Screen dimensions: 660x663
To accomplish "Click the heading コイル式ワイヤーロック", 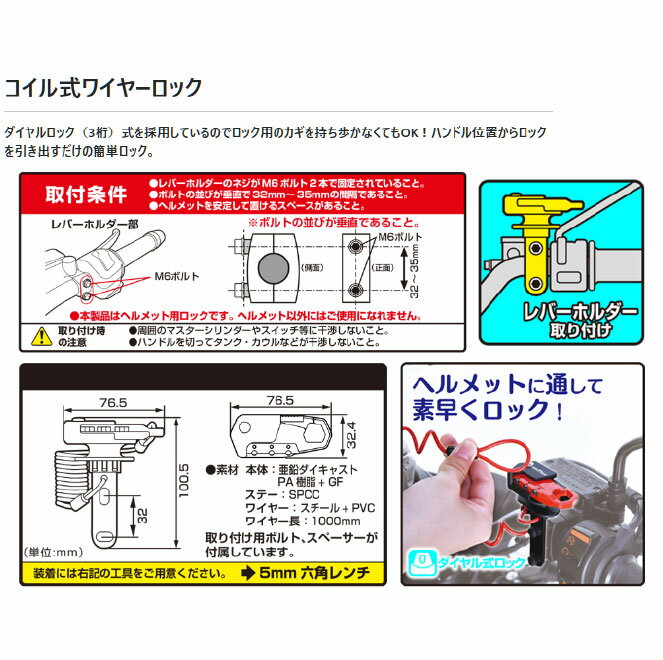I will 102,88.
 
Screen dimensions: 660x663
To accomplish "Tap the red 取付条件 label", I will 88,194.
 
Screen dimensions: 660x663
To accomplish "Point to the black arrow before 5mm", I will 247,575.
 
